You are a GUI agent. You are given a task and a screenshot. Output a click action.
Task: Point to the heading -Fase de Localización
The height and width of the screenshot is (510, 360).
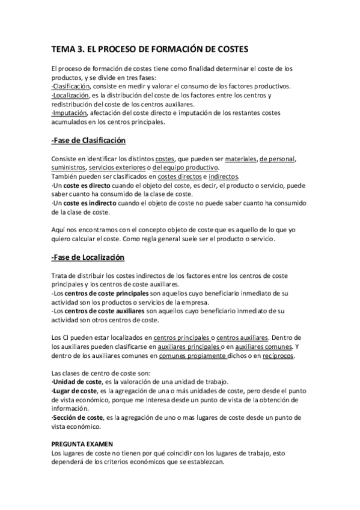point(88,258)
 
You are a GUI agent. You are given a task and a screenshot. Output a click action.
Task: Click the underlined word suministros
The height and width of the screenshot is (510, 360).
point(69,168)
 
